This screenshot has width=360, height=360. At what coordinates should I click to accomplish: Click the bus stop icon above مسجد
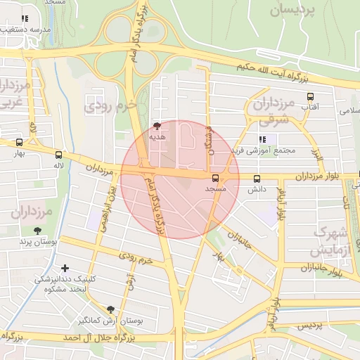[215, 179]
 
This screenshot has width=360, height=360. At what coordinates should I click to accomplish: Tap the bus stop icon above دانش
[257, 179]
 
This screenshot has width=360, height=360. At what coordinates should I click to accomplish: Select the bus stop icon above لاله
[58, 155]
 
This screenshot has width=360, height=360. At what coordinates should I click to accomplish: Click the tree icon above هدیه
[156, 126]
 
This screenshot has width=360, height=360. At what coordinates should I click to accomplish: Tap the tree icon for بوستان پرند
[37, 230]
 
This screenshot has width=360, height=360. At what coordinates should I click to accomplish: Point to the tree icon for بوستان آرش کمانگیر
[110, 309]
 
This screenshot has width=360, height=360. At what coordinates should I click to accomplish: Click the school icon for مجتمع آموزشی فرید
[263, 139]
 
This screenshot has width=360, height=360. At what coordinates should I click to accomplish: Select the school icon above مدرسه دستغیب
[25, 18]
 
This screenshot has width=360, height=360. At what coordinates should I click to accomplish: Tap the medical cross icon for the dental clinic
[65, 267]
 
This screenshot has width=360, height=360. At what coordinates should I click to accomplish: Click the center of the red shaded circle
[180, 179]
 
